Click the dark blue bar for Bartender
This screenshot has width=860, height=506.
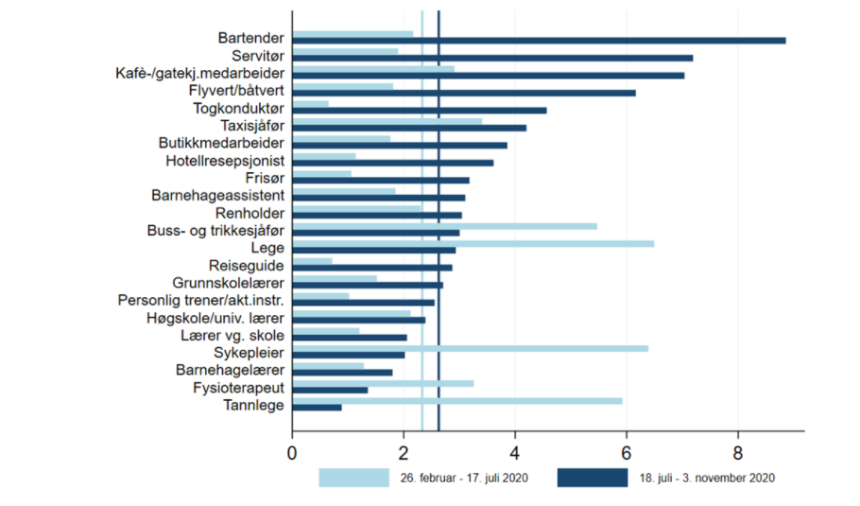(x=539, y=41)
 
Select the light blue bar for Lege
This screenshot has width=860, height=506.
(x=473, y=243)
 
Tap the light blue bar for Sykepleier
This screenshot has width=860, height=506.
(x=470, y=348)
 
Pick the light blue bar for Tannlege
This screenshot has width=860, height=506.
(x=457, y=400)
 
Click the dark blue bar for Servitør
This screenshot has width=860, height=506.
(x=492, y=58)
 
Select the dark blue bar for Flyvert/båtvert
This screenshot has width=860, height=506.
(x=464, y=93)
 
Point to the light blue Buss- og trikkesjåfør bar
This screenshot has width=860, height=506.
(x=444, y=226)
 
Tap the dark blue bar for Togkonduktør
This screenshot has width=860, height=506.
(x=419, y=111)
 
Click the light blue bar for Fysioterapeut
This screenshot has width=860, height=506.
(x=383, y=383)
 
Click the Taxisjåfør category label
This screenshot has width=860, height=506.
(x=252, y=126)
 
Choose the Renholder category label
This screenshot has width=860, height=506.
(x=249, y=214)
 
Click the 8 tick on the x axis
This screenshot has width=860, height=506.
(x=738, y=452)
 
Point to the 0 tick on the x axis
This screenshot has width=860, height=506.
(x=292, y=452)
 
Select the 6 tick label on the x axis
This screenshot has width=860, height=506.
(x=627, y=452)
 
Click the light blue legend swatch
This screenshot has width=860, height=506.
(x=353, y=478)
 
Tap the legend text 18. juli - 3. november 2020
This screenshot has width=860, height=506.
(x=701, y=479)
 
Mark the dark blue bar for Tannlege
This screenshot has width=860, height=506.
(x=317, y=408)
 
